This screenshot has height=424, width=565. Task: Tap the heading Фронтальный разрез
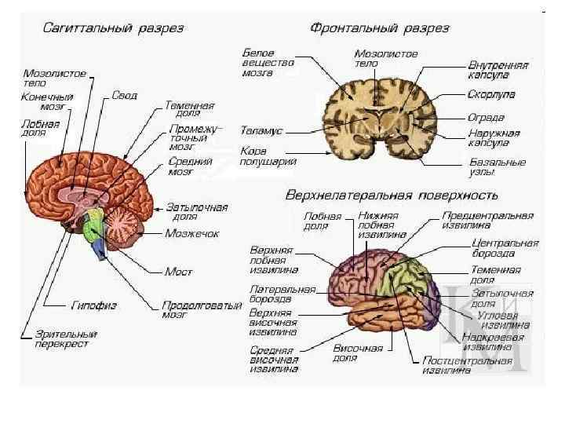[380, 28]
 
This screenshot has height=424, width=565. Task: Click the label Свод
[124, 96]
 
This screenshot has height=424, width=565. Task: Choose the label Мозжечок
[191, 233]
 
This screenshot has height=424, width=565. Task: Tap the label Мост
[178, 272]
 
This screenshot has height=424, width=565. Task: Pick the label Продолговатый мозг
[201, 309]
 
